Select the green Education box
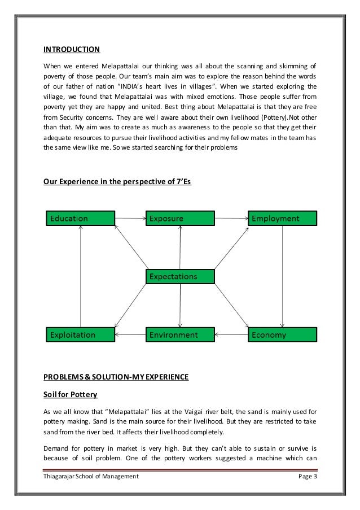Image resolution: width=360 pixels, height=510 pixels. pos(80,218)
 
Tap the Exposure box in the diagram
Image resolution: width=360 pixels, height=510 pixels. pos(180,218)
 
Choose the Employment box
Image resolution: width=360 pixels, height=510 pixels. pos(282,218)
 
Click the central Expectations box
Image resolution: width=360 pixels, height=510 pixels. pos(180,276)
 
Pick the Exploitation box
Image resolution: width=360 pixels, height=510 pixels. pos(80,335)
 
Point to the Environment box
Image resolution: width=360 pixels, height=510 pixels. pos(180,335)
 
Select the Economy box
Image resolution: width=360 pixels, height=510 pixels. pos(282,335)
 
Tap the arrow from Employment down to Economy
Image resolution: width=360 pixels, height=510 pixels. pos(282,276)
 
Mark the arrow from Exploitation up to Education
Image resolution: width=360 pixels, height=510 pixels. pos(81,276)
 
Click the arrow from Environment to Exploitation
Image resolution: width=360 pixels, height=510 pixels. pos(130,335)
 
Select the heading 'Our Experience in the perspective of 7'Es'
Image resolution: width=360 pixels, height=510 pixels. pos(117,182)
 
